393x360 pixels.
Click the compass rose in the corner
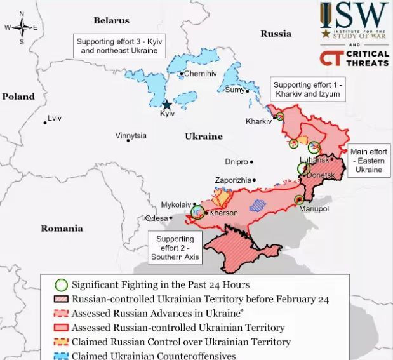tap(22, 27)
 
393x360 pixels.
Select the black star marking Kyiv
tap(167, 105)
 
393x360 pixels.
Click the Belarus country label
tap(111, 20)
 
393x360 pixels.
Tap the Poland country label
tap(18, 97)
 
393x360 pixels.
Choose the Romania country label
tap(62, 228)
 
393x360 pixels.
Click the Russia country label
tap(276, 33)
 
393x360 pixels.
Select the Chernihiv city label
tap(200, 74)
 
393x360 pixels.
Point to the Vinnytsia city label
tap(131, 136)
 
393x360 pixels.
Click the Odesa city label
tap(156, 218)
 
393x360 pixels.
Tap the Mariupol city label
tap(314, 208)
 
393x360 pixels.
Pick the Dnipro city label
tap(236, 162)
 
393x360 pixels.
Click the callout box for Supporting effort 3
tap(119, 46)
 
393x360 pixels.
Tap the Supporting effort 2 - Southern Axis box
tap(175, 248)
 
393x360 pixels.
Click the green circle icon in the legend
tap(61, 285)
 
